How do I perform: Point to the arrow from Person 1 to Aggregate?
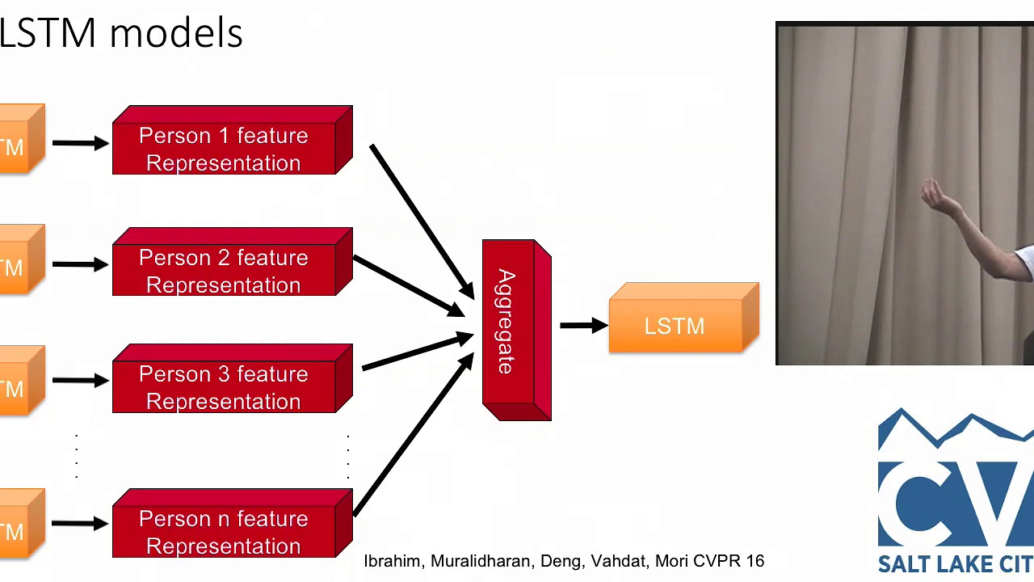point(421,219)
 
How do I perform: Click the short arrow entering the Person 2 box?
point(80,264)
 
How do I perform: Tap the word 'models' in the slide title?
point(176,34)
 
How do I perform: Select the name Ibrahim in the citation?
point(393,561)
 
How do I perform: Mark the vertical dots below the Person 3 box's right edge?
point(348,457)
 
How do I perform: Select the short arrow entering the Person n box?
point(80,524)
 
